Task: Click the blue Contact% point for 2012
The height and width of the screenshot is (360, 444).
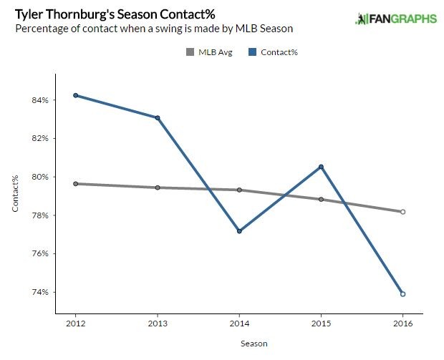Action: click(x=75, y=95)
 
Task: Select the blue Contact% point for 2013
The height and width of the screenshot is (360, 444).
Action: click(x=158, y=117)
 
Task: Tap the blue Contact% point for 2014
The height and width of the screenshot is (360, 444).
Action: click(x=239, y=231)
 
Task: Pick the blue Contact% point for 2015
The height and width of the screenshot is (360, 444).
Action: click(x=321, y=167)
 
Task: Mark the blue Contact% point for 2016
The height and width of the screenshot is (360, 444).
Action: click(x=403, y=294)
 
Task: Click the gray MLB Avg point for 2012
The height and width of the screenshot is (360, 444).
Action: click(x=75, y=184)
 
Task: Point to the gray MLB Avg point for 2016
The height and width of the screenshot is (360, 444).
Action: click(x=403, y=212)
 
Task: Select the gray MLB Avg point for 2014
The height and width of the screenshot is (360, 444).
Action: click(x=239, y=190)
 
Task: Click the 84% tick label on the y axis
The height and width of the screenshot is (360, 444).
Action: click(x=40, y=100)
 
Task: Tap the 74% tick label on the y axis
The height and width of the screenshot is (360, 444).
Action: click(x=40, y=292)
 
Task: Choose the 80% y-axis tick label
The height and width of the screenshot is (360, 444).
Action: click(x=40, y=177)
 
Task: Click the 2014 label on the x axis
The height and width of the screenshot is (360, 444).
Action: click(x=239, y=323)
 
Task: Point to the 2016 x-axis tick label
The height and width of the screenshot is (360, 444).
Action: click(x=403, y=323)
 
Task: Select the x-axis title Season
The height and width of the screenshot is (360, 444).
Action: click(x=254, y=344)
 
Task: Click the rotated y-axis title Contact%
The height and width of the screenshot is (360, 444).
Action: click(x=15, y=194)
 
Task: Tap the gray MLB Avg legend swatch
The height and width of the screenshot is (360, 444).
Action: click(x=190, y=52)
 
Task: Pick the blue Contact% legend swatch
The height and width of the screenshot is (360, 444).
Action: click(x=253, y=52)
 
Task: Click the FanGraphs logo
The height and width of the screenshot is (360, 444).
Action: click(x=395, y=18)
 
